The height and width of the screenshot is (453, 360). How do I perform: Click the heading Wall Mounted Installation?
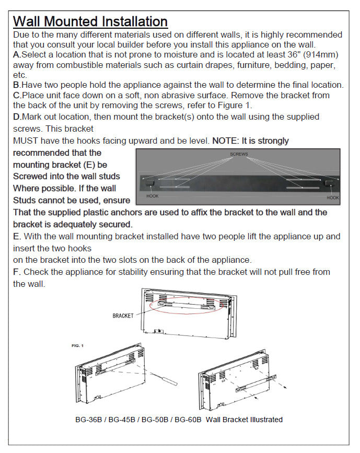[x=90, y=21]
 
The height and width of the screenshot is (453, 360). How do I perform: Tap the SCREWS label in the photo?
[x=239, y=155]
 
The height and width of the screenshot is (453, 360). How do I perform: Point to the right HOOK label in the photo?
[x=333, y=198]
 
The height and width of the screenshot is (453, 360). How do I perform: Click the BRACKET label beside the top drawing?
[x=123, y=316]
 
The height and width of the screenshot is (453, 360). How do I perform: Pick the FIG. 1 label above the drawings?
[x=78, y=346]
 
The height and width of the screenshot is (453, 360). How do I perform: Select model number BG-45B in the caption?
[x=123, y=420]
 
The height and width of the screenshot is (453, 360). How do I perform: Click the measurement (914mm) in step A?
[x=322, y=55]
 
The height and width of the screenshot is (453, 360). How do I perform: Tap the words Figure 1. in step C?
[x=234, y=105]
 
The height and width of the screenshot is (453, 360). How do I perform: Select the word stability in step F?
[x=131, y=272]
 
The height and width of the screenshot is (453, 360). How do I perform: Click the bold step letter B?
[x=16, y=85]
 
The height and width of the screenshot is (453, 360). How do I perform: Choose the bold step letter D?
[x=16, y=117]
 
